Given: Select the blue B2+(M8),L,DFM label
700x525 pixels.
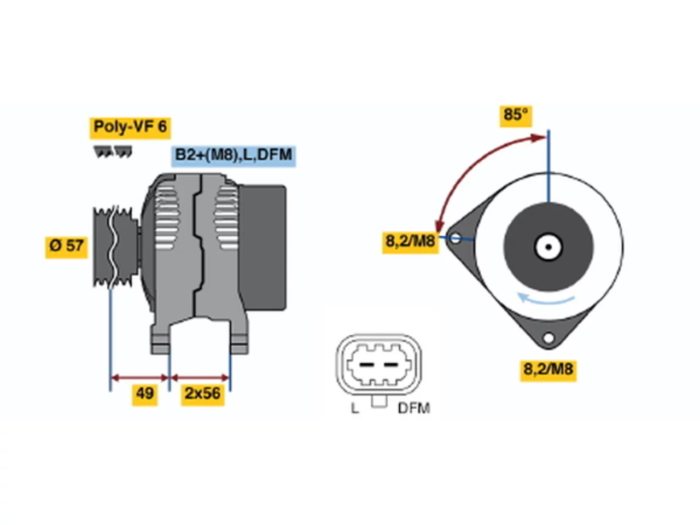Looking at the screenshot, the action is tap(233, 156).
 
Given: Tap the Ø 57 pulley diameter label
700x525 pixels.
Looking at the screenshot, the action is tap(66, 247).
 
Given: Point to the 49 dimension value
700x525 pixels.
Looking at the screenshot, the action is tap(144, 395).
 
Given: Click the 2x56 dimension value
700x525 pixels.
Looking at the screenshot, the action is tap(202, 395).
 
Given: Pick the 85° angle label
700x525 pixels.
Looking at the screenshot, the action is tap(515, 116).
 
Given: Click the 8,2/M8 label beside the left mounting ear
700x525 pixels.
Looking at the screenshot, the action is tap(410, 243).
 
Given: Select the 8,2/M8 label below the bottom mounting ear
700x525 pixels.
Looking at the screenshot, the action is tap(547, 370).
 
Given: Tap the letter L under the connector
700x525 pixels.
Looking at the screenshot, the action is tap(354, 409).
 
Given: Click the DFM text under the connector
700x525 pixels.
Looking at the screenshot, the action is tap(413, 409).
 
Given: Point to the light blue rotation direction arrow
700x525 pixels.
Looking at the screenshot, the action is tap(545, 299).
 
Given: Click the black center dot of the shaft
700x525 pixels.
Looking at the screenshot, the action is tap(548, 247).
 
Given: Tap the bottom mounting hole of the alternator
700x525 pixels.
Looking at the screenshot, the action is tap(548, 337).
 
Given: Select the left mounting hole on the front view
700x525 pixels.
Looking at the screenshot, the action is tap(456, 238).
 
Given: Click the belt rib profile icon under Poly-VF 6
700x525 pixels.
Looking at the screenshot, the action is tap(113, 152).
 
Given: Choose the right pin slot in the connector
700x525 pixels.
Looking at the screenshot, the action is tap(390, 364).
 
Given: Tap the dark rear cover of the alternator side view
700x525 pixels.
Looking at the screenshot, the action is tap(262, 247).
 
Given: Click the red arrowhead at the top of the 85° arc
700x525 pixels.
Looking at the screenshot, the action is tap(538, 138).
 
